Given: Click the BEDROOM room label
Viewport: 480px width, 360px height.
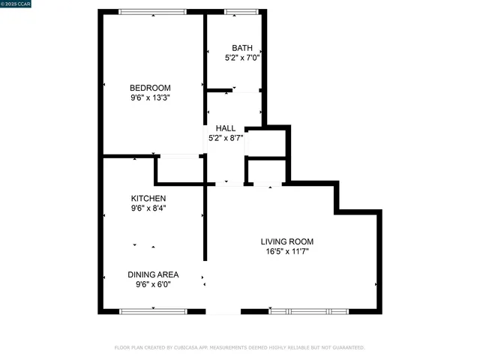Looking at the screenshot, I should point(150,86).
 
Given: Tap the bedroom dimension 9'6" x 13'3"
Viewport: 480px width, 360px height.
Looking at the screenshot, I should point(150,97).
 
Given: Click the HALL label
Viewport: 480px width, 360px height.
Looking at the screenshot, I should point(226,128).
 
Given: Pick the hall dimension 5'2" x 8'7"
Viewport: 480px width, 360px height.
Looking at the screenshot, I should point(226,138).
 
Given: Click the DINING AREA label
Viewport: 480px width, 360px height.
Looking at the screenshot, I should point(153,274).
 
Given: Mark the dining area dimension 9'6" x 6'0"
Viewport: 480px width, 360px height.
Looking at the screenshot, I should point(153,285).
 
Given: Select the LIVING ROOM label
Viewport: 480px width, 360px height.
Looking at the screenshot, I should point(287,241).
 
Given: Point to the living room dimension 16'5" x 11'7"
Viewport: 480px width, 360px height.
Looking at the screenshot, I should point(287,252).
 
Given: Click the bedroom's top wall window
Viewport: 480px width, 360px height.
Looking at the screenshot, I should point(154,11).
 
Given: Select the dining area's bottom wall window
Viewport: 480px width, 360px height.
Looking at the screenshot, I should point(153,311).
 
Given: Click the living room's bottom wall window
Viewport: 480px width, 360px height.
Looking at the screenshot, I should point(308,311).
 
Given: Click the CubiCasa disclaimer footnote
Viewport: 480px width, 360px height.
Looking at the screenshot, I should point(239,347).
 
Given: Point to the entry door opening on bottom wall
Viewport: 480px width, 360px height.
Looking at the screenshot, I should point(223,311).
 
